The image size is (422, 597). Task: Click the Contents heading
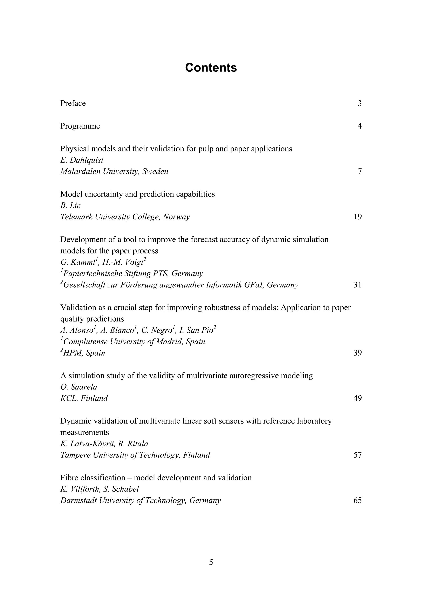[x=211, y=68]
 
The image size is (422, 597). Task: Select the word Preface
[x=73, y=103]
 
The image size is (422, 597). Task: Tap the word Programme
[x=80, y=126]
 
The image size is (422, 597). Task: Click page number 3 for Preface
[x=360, y=103]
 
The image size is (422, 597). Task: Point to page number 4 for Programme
[x=360, y=126]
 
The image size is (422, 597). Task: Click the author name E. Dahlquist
[x=82, y=160]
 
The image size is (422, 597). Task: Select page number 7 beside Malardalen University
[x=360, y=172]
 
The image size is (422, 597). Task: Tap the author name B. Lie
[x=70, y=206]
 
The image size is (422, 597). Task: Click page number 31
[x=358, y=285]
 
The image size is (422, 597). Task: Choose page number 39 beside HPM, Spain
[x=358, y=353]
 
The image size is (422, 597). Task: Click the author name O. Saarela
[x=79, y=387]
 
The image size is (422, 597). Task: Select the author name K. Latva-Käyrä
[x=87, y=444]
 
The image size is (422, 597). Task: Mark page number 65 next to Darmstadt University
[x=358, y=501]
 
